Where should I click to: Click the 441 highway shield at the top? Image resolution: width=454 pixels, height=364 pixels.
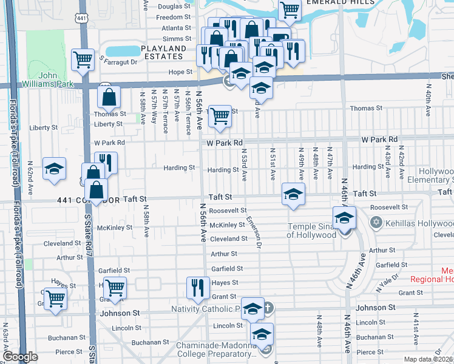click(x=80, y=19)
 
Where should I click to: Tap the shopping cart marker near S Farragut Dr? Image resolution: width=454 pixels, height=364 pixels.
click(x=83, y=59)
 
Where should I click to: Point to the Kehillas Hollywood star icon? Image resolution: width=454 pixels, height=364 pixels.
click(x=376, y=223)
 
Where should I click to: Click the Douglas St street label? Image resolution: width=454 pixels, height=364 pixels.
click(x=174, y=7)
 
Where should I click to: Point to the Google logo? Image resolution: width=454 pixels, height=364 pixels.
click(x=20, y=357)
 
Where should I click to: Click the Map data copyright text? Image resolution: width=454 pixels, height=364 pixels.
click(x=428, y=359)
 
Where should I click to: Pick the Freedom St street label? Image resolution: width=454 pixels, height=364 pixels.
click(x=174, y=18)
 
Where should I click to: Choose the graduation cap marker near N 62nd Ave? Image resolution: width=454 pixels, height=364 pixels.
click(x=55, y=169)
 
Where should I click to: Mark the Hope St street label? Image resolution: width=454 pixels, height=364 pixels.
click(x=180, y=72)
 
